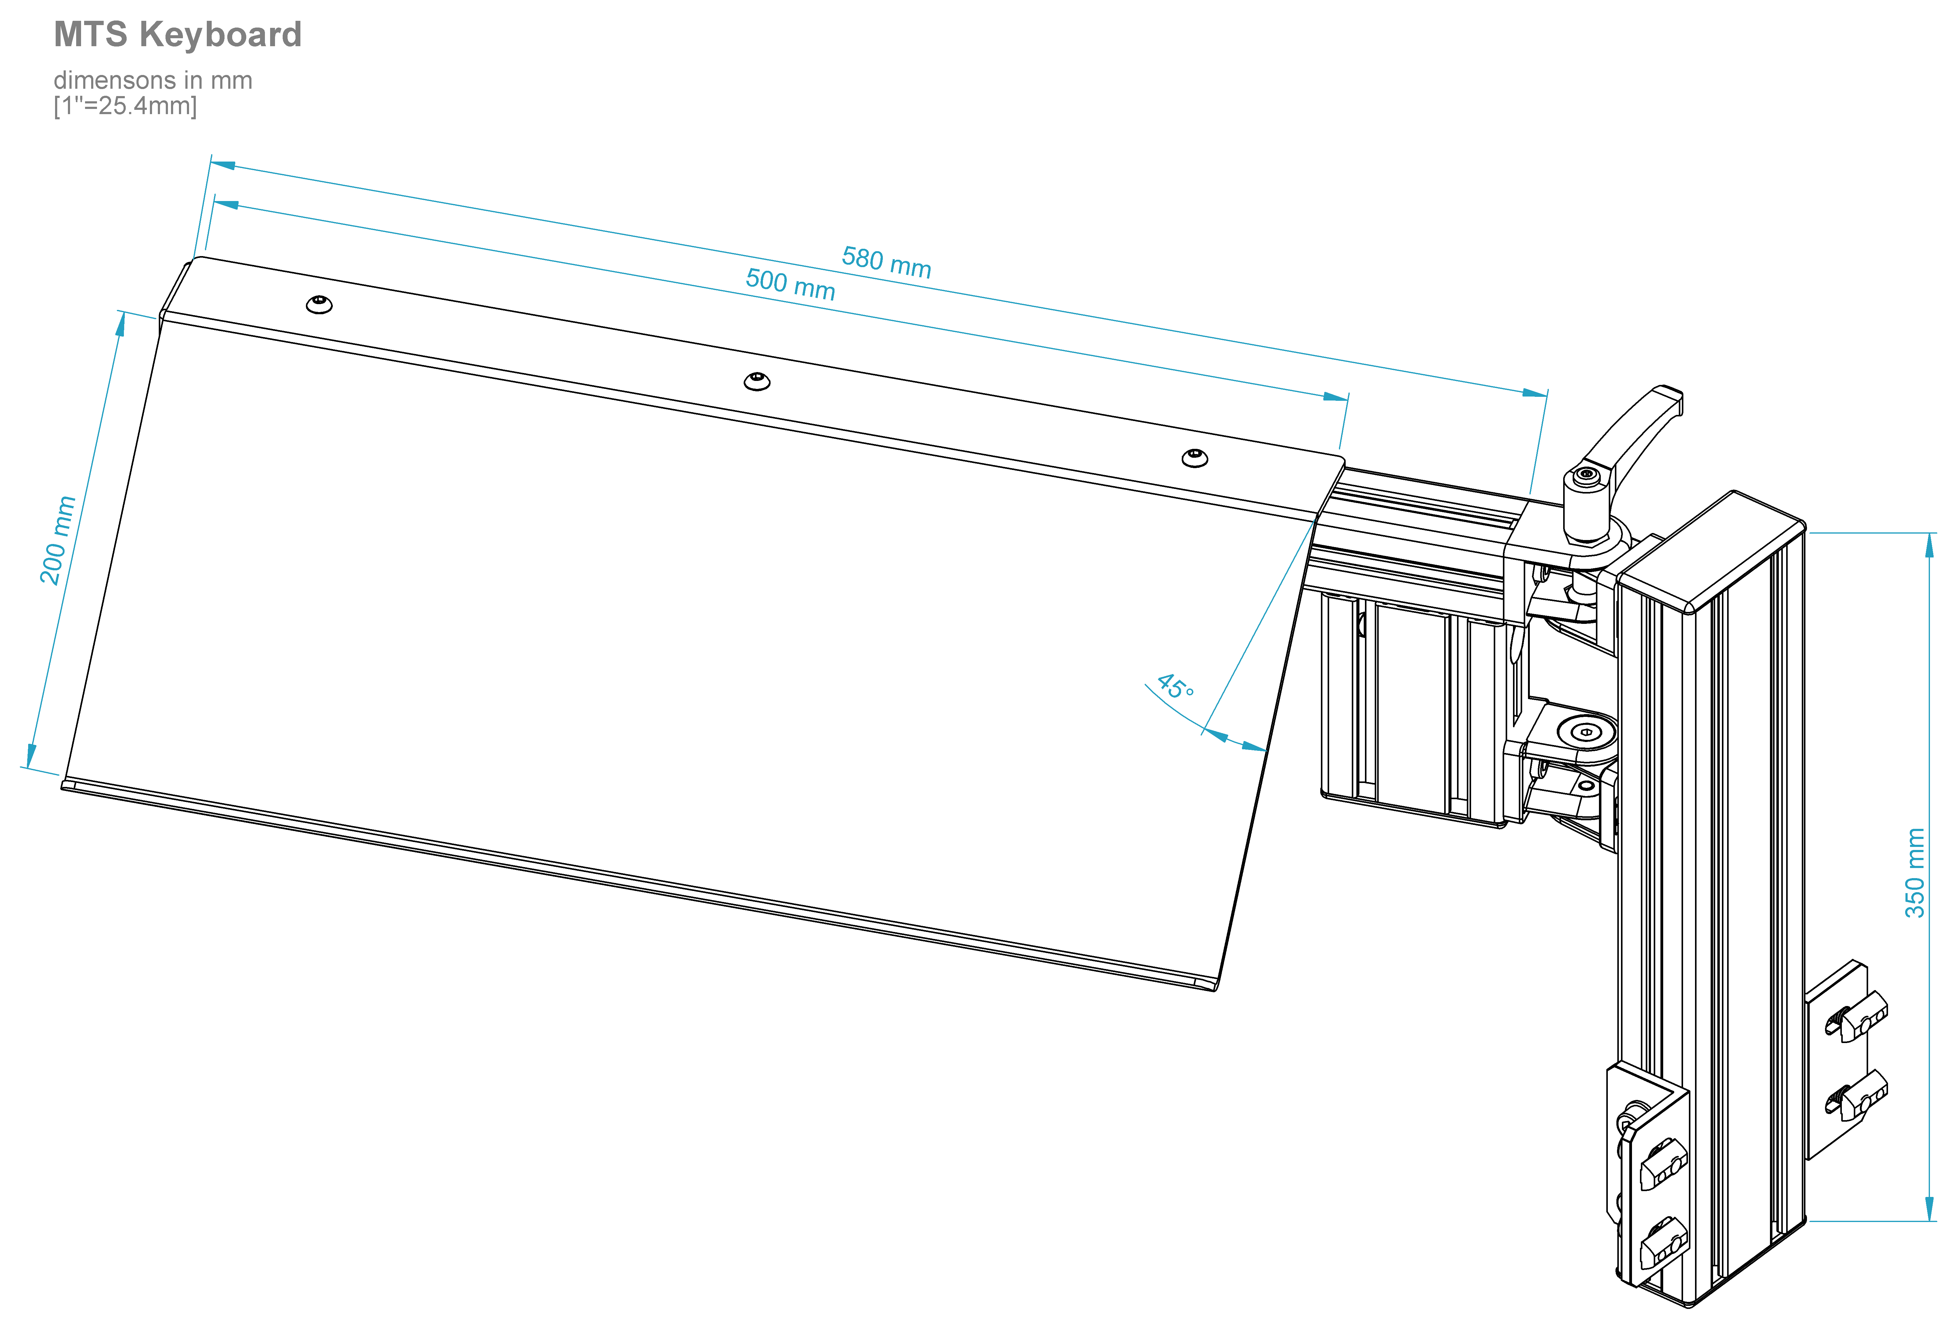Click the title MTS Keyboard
(x=178, y=35)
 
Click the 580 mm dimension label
(x=887, y=262)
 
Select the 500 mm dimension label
(x=791, y=284)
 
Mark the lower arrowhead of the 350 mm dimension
(x=1930, y=1208)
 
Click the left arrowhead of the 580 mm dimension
(x=222, y=164)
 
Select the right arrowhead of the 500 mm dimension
(x=1336, y=396)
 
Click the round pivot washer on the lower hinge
(x=1586, y=731)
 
